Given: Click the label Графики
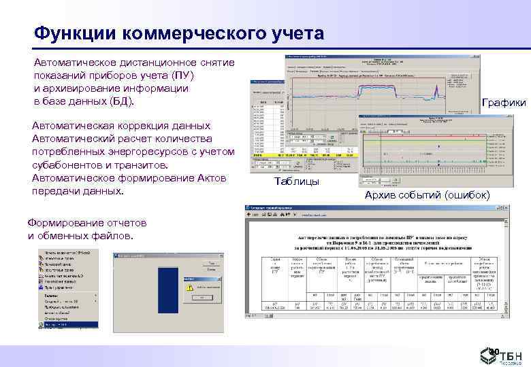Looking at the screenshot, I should pos(503,103).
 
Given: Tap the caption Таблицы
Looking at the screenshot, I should pos(297,181).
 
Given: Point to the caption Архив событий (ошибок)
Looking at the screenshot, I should pos(427,195).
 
